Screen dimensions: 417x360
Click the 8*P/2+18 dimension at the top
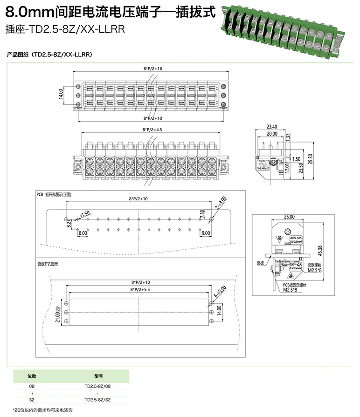[x=152, y=68]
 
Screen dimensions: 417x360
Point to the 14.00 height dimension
[x=60, y=95]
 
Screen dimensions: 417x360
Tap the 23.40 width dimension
[x=272, y=126]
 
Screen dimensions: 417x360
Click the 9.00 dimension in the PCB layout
[x=207, y=232]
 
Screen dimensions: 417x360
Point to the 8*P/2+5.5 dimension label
[x=140, y=289]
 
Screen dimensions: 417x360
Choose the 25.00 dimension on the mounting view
[x=289, y=217]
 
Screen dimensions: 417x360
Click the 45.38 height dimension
[x=319, y=251]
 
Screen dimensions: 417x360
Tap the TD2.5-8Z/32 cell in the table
[x=97, y=400]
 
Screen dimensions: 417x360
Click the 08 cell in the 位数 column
[x=32, y=386]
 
